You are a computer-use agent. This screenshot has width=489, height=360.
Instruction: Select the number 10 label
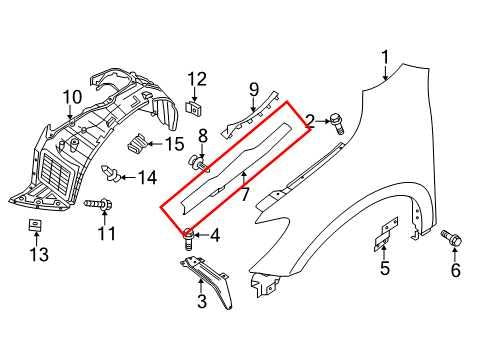tap(71, 97)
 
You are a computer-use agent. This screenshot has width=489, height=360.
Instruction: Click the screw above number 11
tap(98, 206)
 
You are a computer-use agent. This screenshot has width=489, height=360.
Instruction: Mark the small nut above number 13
tap(32, 226)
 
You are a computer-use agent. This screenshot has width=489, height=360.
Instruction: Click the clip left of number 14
tap(118, 179)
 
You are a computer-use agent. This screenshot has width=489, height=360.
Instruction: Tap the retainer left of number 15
tap(143, 143)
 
